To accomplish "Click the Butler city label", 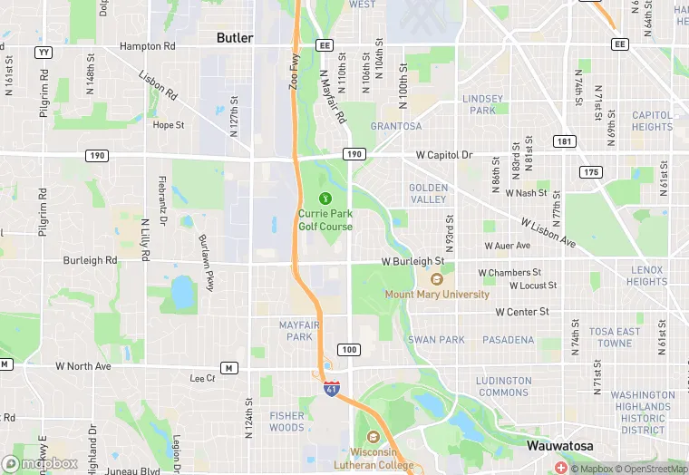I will (235, 38).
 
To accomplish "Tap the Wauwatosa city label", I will (560, 446).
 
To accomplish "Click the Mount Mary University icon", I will (436, 279).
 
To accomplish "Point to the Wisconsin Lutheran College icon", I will (370, 437).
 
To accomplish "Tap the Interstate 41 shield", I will (332, 389).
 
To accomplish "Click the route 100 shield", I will (348, 350).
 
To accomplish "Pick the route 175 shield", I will (591, 172).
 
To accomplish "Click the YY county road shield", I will (43, 53).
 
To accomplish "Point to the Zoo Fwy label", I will (294, 71).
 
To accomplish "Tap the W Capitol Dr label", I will (444, 155).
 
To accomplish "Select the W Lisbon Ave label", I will (548, 233).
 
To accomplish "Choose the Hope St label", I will (168, 125).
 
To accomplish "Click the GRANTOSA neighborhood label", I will (396, 126).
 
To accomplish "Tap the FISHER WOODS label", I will (286, 422).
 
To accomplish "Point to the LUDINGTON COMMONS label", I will (503, 386).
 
